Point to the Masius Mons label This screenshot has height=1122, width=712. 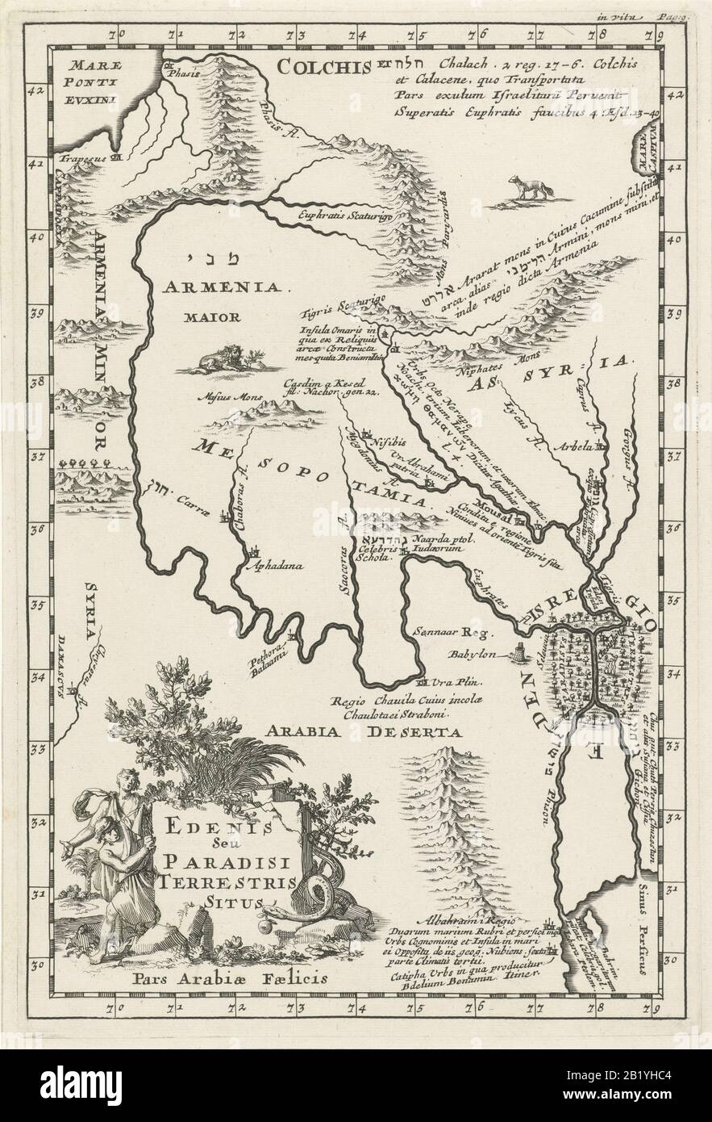click(x=215, y=396)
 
